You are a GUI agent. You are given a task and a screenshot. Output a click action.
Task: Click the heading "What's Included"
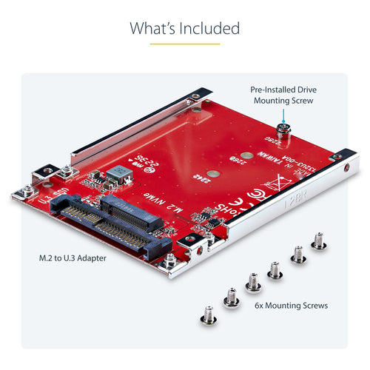184,29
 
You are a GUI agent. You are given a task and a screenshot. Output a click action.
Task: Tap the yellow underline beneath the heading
184,44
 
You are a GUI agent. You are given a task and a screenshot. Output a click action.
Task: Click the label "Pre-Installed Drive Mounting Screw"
285,92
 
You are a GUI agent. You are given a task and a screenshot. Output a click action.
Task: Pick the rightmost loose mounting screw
318,240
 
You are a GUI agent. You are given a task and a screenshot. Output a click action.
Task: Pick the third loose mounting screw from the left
252,280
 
